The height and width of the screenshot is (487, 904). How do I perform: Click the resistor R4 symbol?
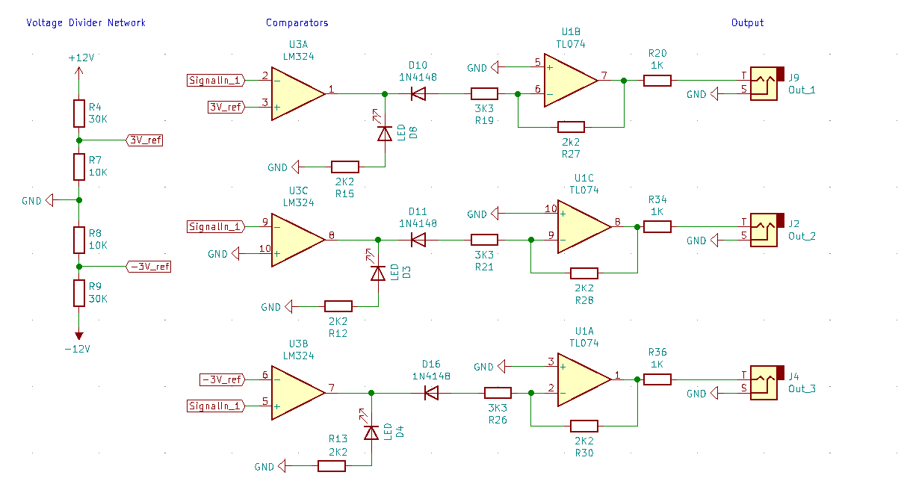(78, 113)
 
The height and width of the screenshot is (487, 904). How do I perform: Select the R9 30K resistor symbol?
(78, 293)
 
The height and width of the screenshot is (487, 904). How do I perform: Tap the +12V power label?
(80, 58)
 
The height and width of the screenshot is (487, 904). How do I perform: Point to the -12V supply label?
(77, 349)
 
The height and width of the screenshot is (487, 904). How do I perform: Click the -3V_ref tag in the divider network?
(149, 266)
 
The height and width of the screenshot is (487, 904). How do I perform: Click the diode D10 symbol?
(418, 94)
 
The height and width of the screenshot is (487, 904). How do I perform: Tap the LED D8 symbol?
(385, 133)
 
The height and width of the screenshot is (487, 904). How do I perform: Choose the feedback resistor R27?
(571, 127)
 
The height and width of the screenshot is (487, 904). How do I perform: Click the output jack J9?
(765, 83)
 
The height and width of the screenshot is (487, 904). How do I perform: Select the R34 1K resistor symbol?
(657, 226)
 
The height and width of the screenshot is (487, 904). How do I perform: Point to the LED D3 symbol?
(378, 273)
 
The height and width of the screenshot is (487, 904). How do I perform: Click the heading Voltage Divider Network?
(86, 22)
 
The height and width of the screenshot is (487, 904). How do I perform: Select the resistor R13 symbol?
(332, 466)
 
